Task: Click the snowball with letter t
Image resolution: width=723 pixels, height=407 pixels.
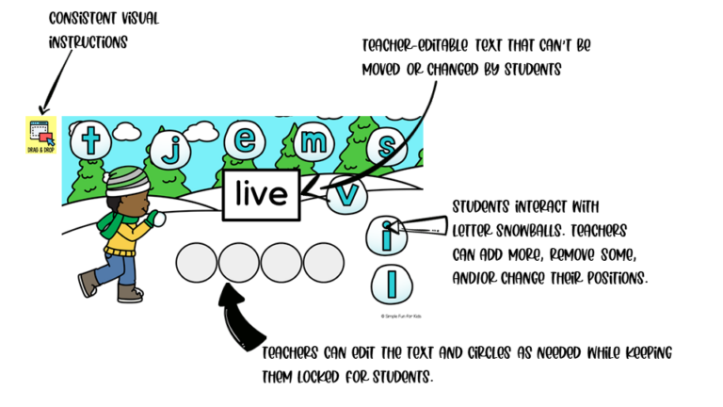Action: pyautogui.click(x=90, y=139)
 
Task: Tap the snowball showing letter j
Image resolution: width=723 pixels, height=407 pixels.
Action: pyautogui.click(x=170, y=149)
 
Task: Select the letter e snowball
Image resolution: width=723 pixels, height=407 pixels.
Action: pyautogui.click(x=245, y=139)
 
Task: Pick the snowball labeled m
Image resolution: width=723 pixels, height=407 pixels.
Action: pyautogui.click(x=313, y=141)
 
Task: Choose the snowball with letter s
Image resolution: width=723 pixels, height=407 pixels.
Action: pyautogui.click(x=386, y=146)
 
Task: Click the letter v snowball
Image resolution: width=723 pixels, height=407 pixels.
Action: pyautogui.click(x=346, y=195)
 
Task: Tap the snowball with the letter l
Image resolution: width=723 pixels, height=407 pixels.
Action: pyautogui.click(x=392, y=285)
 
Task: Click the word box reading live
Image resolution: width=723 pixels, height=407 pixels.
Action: pyautogui.click(x=262, y=195)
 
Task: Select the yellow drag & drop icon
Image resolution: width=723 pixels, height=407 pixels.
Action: pyautogui.click(x=41, y=135)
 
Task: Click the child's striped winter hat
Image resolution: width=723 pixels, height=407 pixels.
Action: pyautogui.click(x=127, y=181)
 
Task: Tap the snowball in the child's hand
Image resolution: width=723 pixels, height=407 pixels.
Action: pyautogui.click(x=159, y=220)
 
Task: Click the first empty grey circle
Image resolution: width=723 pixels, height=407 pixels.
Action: pyautogui.click(x=197, y=263)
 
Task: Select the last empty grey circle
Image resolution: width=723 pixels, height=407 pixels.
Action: pyautogui.click(x=324, y=263)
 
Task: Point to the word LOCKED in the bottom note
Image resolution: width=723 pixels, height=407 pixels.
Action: pyautogui.click(x=317, y=377)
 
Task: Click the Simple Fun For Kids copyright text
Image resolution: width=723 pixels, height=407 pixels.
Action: pyautogui.click(x=401, y=317)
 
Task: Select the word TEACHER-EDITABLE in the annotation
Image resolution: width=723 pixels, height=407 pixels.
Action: pyautogui.click(x=414, y=45)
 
